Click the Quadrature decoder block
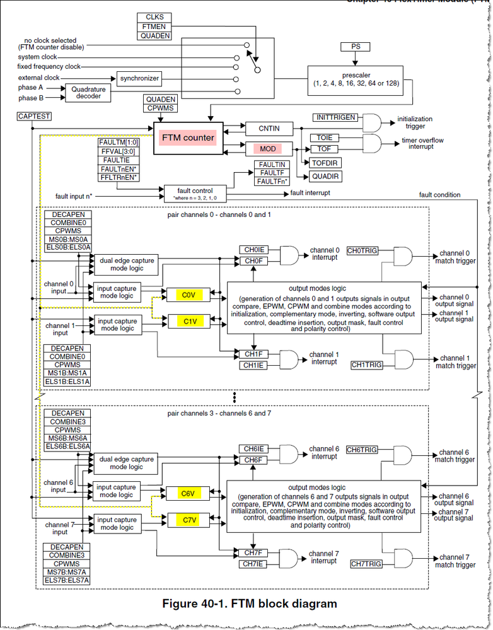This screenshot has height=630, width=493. pyautogui.click(x=88, y=93)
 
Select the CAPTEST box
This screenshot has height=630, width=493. pyautogui.click(x=35, y=117)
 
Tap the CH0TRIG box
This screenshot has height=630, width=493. pyautogui.click(x=362, y=250)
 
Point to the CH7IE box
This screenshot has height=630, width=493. pyautogui.click(x=254, y=564)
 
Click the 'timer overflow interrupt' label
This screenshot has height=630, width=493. pyautogui.click(x=417, y=143)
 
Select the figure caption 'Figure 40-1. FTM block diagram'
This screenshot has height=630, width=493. pyautogui.click(x=250, y=604)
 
